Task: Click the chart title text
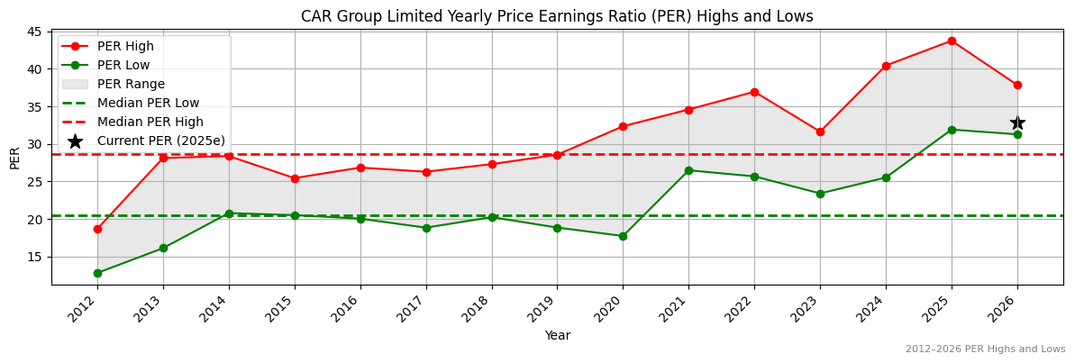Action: coord(556,16)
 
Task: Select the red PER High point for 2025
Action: coord(952,41)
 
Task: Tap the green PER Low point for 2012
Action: coord(97,273)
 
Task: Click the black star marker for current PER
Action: coord(1017,123)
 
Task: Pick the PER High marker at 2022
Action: coord(754,92)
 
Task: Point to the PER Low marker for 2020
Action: coord(623,236)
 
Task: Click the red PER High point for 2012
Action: coord(97,229)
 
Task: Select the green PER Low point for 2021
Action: coord(688,170)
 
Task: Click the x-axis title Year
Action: coord(557,335)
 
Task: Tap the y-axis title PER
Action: coord(14,158)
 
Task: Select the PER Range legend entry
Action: coord(131,84)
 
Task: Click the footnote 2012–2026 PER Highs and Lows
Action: coord(985,349)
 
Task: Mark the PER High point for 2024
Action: coord(886,66)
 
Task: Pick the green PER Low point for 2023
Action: coord(820,194)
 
